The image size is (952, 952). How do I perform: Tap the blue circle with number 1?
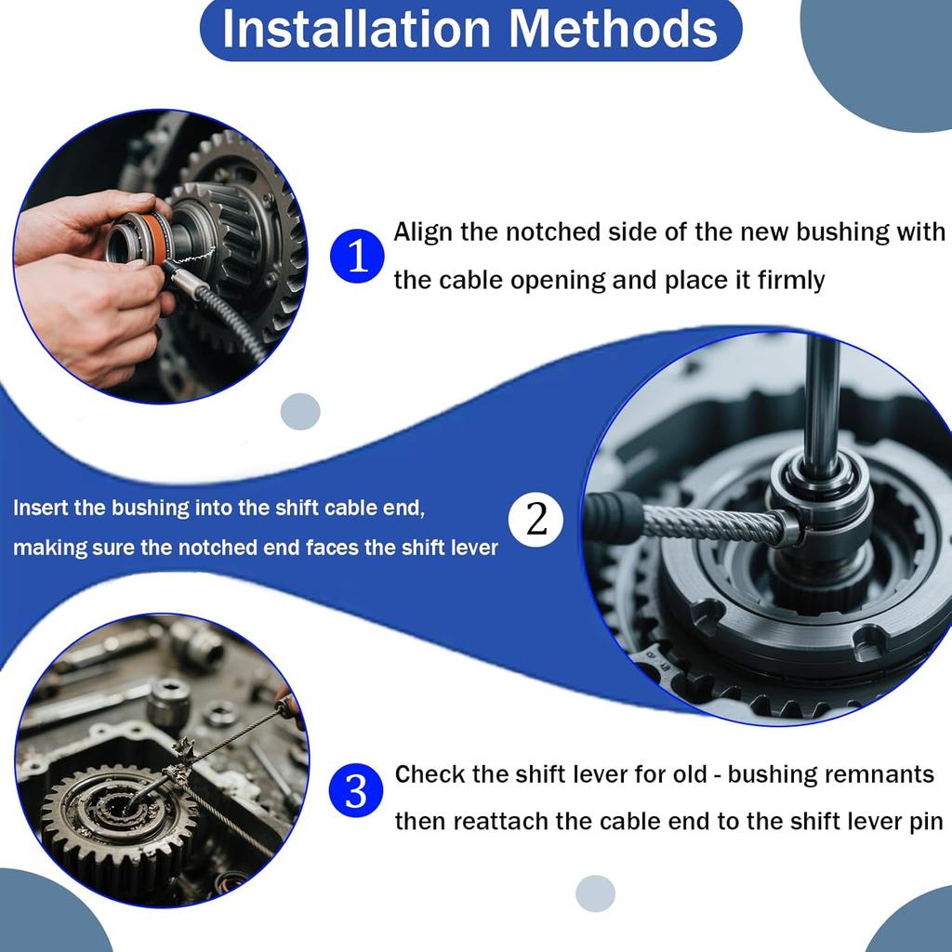[x=357, y=256]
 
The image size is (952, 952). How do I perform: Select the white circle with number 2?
[x=537, y=521]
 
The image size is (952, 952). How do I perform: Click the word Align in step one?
[x=423, y=232]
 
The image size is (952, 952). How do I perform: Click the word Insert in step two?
[x=39, y=509]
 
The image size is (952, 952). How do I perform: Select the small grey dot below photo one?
[x=300, y=411]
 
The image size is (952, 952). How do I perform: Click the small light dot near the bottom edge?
[x=595, y=893]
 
